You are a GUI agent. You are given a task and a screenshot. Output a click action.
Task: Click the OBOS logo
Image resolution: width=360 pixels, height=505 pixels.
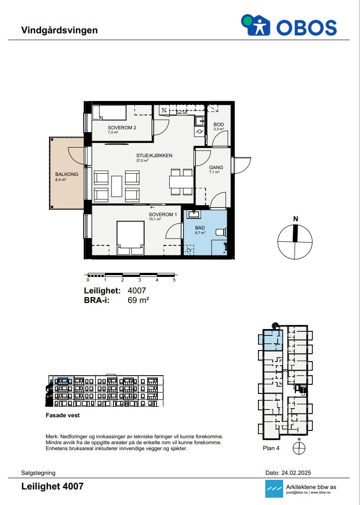point(289,25)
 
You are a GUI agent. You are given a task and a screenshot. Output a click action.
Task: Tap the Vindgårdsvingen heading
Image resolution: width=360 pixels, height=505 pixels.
point(59,30)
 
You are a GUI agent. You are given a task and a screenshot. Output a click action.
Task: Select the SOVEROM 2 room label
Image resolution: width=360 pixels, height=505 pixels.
point(122,128)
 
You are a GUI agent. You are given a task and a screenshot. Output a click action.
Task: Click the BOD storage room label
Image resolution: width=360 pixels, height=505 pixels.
point(219,125)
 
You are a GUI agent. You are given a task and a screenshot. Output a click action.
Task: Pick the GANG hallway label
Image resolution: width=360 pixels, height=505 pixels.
point(216,167)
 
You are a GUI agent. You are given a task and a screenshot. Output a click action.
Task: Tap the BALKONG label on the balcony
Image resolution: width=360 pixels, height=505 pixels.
point(67,174)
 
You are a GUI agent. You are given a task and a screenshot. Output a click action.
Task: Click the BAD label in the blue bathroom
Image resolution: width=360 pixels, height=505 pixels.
point(200,228)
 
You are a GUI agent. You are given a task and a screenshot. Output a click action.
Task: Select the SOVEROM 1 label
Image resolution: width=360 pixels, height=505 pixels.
point(163,214)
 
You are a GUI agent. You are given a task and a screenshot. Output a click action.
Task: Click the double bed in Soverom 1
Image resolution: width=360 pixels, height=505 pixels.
point(130,238)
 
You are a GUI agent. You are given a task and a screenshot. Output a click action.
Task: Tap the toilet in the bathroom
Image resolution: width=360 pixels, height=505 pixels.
point(221,232)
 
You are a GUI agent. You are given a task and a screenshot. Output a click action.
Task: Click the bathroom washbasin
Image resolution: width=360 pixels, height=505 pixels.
point(194,214)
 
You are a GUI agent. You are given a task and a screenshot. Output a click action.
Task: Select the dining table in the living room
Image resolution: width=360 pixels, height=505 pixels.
point(181,182)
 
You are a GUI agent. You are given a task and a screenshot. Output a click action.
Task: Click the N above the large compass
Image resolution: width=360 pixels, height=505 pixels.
point(296,219)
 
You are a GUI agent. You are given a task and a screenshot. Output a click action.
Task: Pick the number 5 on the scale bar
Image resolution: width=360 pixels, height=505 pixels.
point(174,280)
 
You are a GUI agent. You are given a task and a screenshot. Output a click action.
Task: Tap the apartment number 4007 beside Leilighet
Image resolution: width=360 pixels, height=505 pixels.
point(137,291)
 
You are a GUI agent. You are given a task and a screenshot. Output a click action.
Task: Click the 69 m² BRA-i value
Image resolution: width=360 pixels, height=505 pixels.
point(139,300)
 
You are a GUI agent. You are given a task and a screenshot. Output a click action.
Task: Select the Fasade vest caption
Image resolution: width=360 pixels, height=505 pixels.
point(63,415)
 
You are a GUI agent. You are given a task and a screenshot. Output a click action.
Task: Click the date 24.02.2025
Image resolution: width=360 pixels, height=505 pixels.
point(296,473)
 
